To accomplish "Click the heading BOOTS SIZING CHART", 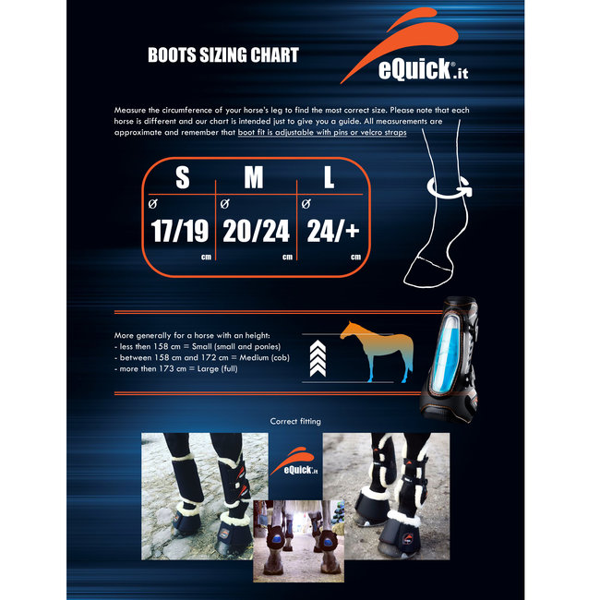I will pyautogui.click(x=223, y=55).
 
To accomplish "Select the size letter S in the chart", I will pyautogui.click(x=182, y=178).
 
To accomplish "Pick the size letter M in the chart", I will pyautogui.click(x=254, y=178).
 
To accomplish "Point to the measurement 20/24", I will pyautogui.click(x=254, y=229).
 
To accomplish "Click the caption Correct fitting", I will pyautogui.click(x=296, y=421).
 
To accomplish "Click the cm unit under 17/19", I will pyautogui.click(x=204, y=258).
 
